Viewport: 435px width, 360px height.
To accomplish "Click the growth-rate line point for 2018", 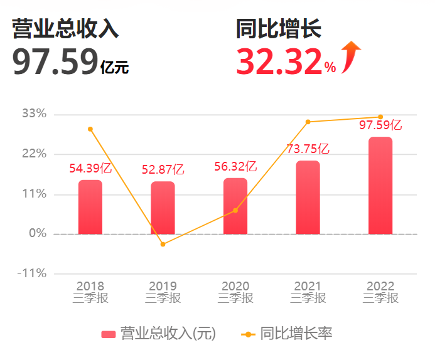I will pyautogui.click(x=90, y=129).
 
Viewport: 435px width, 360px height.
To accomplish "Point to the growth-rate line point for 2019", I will pyautogui.click(x=163, y=244).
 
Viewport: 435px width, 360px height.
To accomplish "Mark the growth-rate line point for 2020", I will pyautogui.click(x=235, y=210).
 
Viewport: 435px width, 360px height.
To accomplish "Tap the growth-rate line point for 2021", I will pyautogui.click(x=308, y=122).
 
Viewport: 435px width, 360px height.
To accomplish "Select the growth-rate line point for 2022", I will pyautogui.click(x=380, y=117).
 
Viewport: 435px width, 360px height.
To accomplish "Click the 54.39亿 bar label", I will pyautogui.click(x=90, y=168).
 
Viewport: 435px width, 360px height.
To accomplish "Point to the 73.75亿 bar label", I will pyautogui.click(x=308, y=149).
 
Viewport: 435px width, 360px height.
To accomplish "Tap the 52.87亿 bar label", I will pyautogui.click(x=163, y=169).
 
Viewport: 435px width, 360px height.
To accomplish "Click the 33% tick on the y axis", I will pyautogui.click(x=34, y=114).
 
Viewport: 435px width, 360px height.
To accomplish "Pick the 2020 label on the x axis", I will pyautogui.click(x=235, y=287).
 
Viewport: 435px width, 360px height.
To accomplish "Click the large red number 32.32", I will pyautogui.click(x=279, y=61).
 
